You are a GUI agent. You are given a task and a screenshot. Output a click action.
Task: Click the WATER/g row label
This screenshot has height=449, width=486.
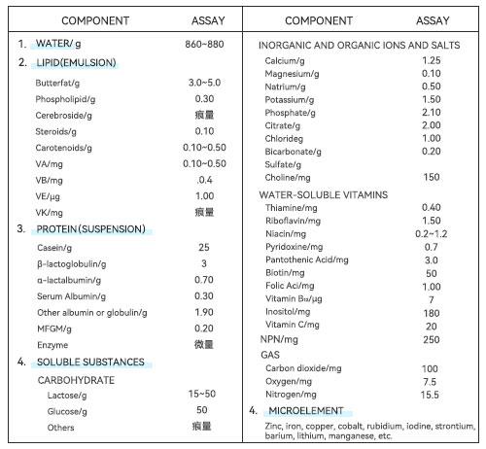[x=58, y=44]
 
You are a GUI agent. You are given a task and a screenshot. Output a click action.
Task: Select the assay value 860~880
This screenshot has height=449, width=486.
[x=204, y=44]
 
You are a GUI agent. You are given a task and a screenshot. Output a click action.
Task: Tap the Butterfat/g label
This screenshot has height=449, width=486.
[x=57, y=84]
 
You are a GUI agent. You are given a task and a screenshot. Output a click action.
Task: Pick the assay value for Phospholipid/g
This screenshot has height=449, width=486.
[x=204, y=99]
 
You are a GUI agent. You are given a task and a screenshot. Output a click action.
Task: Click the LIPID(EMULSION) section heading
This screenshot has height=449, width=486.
[x=76, y=62]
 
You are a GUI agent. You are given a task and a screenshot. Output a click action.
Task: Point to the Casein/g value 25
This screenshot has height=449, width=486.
[x=204, y=247]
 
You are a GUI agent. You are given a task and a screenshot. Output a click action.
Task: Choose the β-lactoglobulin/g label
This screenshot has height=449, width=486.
[x=72, y=264]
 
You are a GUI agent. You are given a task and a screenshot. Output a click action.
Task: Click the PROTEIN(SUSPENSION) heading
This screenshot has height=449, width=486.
[x=90, y=229]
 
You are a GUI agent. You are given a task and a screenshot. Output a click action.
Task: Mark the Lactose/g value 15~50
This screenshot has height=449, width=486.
[x=202, y=394]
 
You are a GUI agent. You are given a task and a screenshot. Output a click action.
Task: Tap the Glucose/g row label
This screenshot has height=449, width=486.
[x=67, y=412]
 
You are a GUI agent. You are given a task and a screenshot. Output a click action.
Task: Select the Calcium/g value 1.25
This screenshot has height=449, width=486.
[x=432, y=60]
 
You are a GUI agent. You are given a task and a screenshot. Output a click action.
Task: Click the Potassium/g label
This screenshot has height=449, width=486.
[x=290, y=100]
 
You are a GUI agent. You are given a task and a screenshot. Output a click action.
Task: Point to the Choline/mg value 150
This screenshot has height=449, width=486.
[x=432, y=177]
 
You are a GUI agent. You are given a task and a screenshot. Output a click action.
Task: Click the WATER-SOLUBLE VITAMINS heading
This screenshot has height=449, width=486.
[x=324, y=194]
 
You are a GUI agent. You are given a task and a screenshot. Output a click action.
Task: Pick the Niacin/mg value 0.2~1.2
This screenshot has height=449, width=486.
[x=432, y=233]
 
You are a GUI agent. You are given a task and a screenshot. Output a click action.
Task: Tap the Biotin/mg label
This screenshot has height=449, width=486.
[x=285, y=273]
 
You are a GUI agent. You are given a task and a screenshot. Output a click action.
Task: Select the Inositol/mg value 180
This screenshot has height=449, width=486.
[x=432, y=313]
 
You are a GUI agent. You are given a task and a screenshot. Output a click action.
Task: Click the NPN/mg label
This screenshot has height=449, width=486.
[x=279, y=339]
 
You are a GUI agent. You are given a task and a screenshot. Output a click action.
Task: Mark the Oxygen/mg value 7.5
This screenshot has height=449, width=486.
[x=430, y=382]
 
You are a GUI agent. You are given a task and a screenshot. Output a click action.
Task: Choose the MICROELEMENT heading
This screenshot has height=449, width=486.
[x=306, y=410]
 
